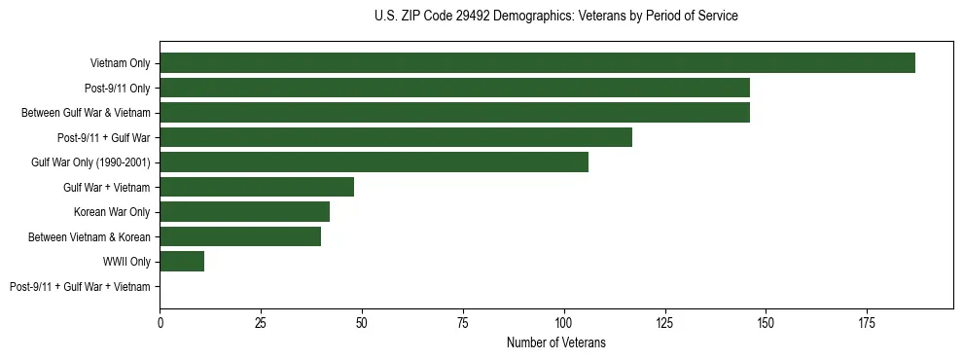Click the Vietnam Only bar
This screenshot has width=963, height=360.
coord(537,63)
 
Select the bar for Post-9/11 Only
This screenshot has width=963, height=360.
coord(454,88)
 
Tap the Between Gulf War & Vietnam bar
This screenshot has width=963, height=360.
coord(454,113)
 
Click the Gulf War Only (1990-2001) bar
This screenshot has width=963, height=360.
coord(374,162)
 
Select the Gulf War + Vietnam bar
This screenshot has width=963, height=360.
coord(257,187)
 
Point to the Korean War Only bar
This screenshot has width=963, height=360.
coord(244,212)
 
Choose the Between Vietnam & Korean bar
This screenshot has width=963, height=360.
coord(240,236)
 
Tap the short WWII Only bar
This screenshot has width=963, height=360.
coord(182,262)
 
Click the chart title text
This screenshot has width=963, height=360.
coord(555,17)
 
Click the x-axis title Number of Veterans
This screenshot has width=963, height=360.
coord(555,342)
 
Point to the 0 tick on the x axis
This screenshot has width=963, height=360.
coord(160,321)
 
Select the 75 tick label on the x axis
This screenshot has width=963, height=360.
coord(462,321)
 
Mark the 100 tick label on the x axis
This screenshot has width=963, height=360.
coord(563,321)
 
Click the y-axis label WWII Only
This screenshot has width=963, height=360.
coord(126,262)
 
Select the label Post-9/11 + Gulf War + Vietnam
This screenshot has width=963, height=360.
coord(80,287)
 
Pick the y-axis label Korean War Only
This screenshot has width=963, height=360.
coord(112,212)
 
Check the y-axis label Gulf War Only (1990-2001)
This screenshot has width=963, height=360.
coord(90,162)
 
